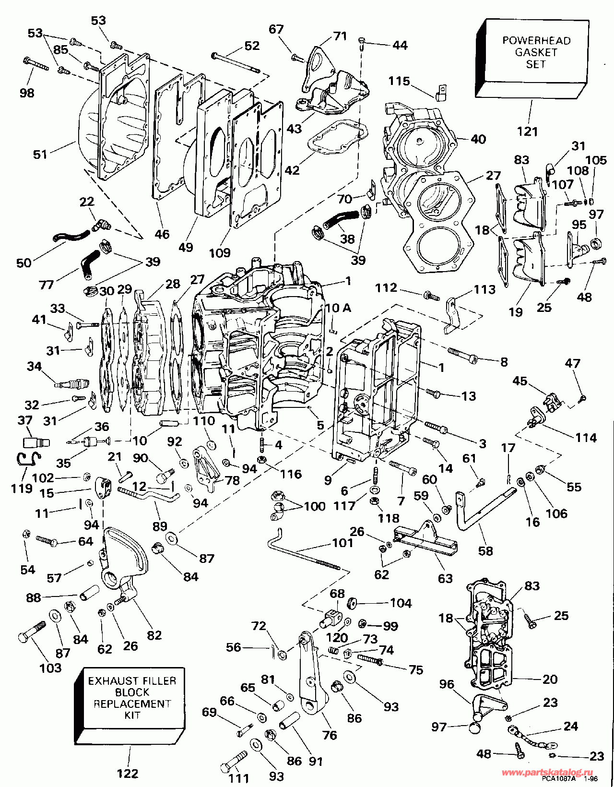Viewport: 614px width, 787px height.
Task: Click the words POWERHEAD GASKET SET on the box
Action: pos(536,52)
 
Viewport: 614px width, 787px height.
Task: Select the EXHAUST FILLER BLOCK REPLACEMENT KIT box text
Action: pos(132,697)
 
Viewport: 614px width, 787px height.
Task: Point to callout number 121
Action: pos(527,131)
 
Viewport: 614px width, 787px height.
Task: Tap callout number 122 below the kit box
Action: pos(127,773)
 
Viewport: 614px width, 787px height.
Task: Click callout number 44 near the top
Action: pos(400,45)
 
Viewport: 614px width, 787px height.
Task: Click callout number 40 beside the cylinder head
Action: pos(478,139)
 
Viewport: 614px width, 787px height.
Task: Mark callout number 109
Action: pos(220,252)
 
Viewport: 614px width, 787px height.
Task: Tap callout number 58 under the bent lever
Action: pos(485,550)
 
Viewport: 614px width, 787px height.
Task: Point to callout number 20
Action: pos(550,679)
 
